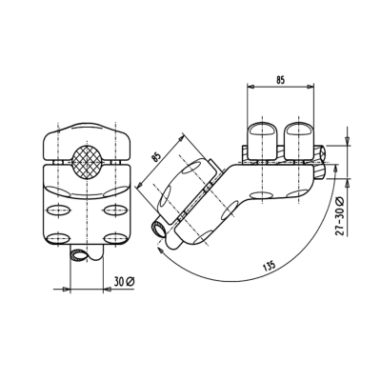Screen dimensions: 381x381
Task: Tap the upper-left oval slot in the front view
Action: point(56,209)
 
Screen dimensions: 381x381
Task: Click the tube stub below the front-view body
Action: point(84,254)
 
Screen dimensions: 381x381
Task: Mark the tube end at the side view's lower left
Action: point(159,229)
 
